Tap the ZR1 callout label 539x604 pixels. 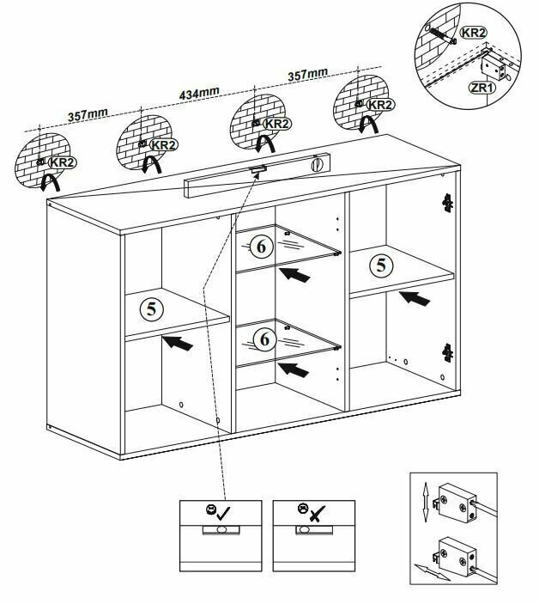480,87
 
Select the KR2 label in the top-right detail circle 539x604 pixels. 473,33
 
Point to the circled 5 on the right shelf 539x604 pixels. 381,264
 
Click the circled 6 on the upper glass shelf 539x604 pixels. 263,247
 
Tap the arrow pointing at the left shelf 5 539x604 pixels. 177,344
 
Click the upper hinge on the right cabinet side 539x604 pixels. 446,202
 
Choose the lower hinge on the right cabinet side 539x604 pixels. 446,351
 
